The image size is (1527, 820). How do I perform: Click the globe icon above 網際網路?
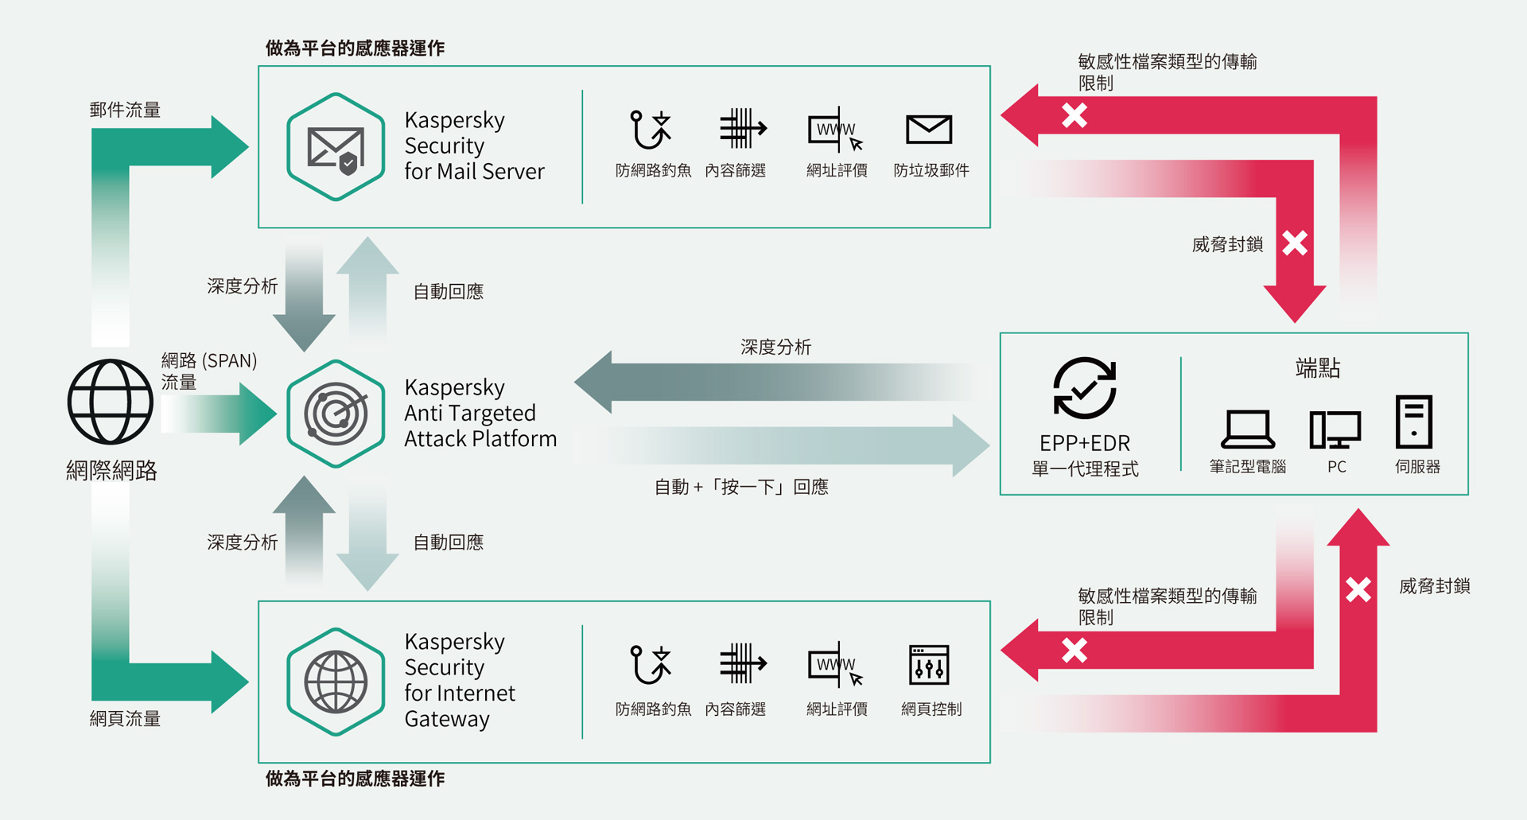point(110,402)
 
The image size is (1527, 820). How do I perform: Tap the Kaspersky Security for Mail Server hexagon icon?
point(336,147)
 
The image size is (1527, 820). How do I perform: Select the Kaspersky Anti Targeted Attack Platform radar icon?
point(336,414)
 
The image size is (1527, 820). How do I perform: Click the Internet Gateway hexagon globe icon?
point(336,682)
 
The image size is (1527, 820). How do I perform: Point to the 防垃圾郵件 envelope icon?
point(928,130)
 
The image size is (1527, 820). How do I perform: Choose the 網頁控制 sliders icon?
point(929,665)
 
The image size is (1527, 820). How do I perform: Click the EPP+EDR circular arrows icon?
point(1085,388)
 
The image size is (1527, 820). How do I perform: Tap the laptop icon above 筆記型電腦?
point(1248,429)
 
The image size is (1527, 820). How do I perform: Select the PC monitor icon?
point(1335,429)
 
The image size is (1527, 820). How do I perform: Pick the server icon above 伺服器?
point(1414,422)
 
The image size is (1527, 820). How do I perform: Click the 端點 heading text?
point(1318,368)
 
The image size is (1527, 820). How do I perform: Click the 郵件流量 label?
point(125,110)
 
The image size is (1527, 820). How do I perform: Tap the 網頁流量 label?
point(125,719)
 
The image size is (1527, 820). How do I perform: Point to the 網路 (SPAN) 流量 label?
point(208,371)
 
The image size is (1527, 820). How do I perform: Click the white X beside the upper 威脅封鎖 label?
point(1295,243)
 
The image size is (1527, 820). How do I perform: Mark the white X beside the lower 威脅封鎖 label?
point(1358,589)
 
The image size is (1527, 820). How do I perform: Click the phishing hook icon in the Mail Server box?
point(650,130)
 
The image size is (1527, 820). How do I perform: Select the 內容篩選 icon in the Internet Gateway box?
point(742,664)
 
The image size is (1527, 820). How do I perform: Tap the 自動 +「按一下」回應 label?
point(741,487)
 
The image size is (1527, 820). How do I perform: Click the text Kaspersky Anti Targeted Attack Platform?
point(480,413)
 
